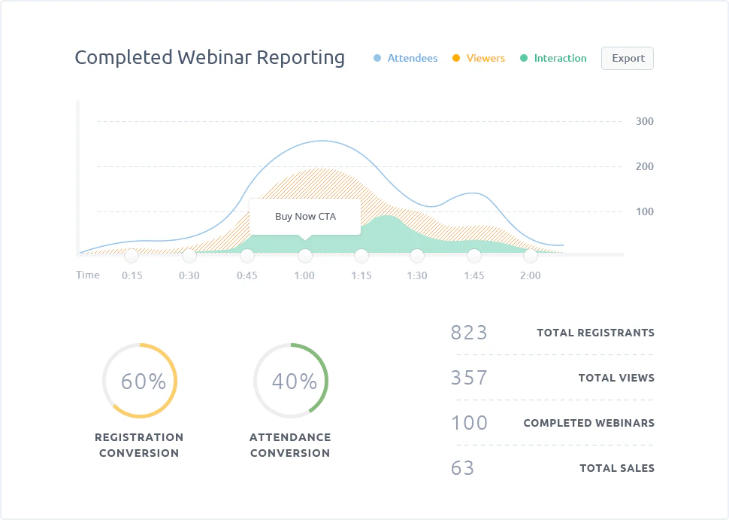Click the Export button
628,58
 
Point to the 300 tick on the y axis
644,121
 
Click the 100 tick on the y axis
644,211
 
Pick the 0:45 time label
247,275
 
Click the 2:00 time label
530,275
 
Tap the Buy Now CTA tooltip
305,216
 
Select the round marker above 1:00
304,256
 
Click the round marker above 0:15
132,256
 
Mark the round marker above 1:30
417,256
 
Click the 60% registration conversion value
143,382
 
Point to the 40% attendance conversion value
294,382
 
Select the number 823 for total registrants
469,332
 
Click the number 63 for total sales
463,468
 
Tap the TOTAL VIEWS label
616,378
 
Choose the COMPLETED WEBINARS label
588,423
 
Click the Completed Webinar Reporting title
210,57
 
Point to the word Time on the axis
88,275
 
